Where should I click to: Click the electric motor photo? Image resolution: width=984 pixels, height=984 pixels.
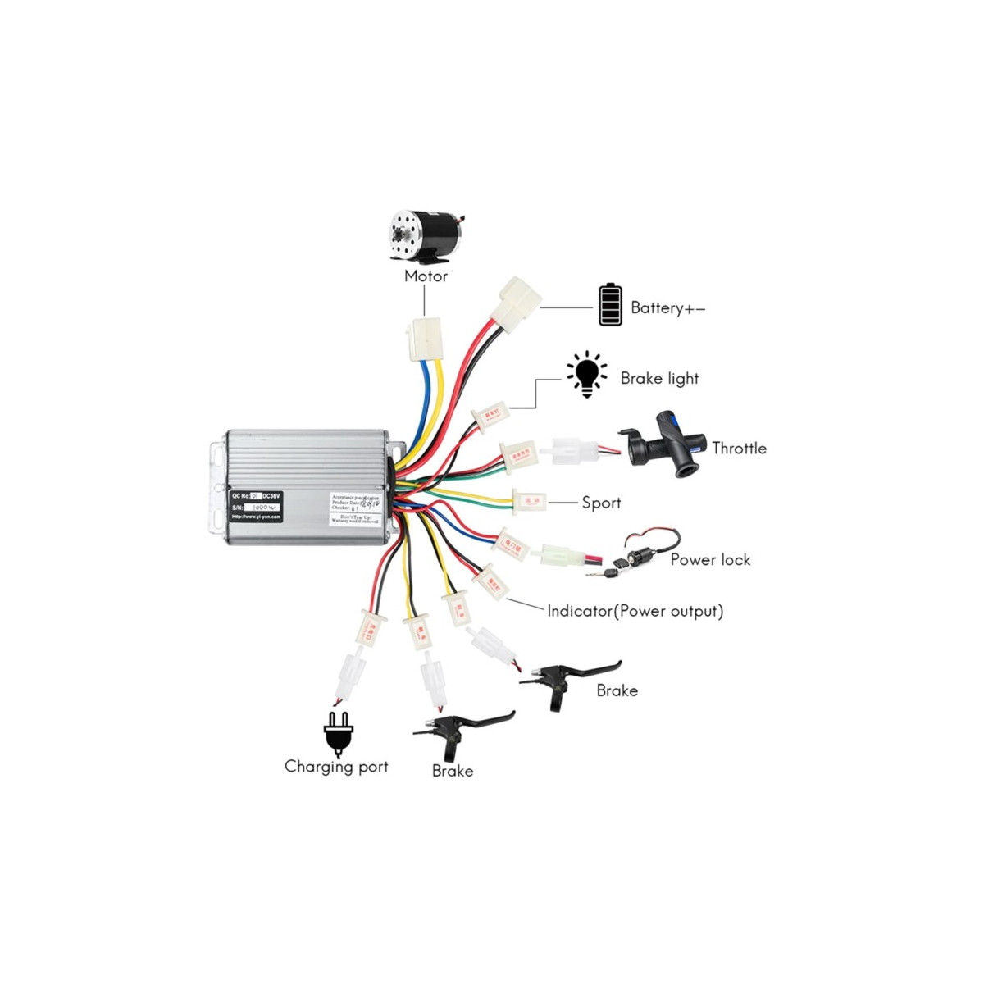426,237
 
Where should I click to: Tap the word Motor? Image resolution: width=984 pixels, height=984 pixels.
426,276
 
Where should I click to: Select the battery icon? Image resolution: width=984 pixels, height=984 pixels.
610,305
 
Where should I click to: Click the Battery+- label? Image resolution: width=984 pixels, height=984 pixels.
667,308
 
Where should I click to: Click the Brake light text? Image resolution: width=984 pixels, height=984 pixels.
659,379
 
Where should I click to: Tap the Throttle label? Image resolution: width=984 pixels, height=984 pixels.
739,449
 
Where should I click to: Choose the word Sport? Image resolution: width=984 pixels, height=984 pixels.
601,503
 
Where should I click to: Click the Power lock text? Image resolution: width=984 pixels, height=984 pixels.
710,560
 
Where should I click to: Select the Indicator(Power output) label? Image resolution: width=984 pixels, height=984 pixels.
635,611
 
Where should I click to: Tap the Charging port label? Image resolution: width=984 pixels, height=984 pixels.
336,767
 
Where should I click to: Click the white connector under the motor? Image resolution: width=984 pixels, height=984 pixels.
425,339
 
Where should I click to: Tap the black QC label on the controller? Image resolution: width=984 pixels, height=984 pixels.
256,506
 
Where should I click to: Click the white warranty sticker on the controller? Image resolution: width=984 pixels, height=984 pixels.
355,508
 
